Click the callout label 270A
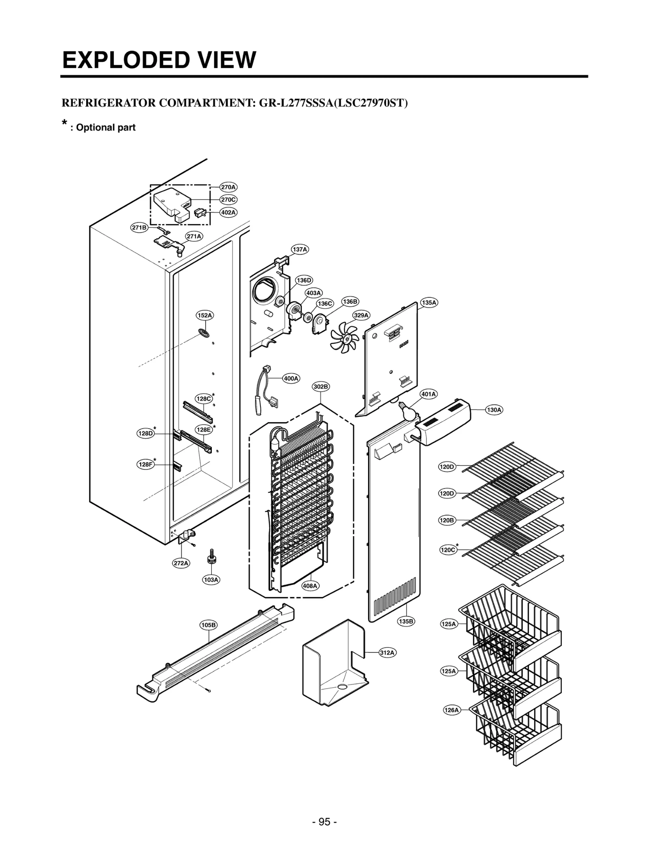click(x=228, y=187)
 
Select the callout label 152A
click(x=205, y=315)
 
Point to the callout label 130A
click(x=494, y=410)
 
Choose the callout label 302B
click(x=321, y=386)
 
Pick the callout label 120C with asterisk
click(x=448, y=550)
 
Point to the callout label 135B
click(x=406, y=621)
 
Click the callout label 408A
click(x=310, y=586)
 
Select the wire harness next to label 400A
click(x=263, y=391)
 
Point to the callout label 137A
click(x=300, y=250)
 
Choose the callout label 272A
click(x=181, y=563)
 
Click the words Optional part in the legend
click(x=106, y=127)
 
